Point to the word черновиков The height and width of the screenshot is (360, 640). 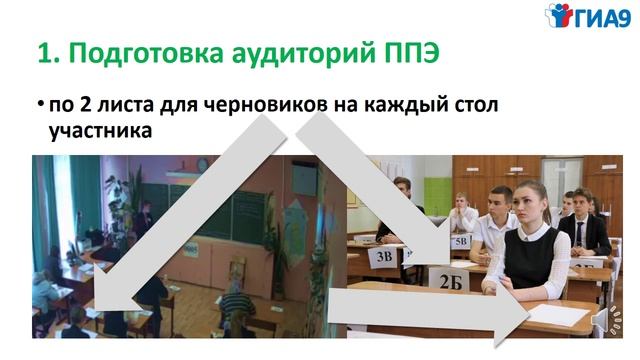pyautogui.click(x=244, y=105)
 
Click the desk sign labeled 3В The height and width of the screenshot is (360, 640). pyautogui.click(x=384, y=256)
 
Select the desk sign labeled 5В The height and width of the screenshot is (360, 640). pyautogui.click(x=461, y=241)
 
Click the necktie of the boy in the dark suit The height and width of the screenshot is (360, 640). pyautogui.click(x=578, y=233)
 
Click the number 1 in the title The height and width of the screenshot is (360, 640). pyautogui.click(x=43, y=52)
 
